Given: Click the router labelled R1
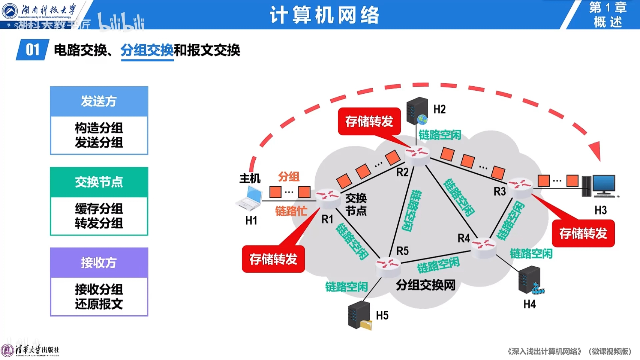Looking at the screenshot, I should point(327,198).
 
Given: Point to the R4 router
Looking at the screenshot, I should point(483,247).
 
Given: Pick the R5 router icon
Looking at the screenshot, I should point(388,267).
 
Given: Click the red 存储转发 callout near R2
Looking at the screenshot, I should point(369,121).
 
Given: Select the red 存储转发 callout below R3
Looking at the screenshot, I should point(583,233).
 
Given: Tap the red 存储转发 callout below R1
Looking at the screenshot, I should point(273,259).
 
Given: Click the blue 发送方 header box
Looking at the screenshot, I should point(99,101).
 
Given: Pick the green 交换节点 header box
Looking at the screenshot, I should point(99,182).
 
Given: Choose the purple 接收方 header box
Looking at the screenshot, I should point(99,263).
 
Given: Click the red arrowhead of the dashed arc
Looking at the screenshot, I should point(596,151).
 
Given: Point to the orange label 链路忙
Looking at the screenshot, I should point(291,211).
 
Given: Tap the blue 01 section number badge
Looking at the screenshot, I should point(32,50).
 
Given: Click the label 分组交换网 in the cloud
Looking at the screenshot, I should point(425,285).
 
